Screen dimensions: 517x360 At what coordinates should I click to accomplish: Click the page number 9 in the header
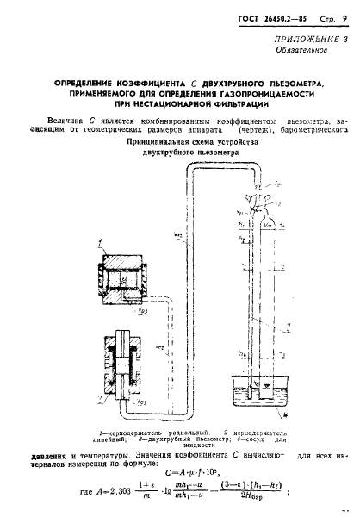pos(333,18)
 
